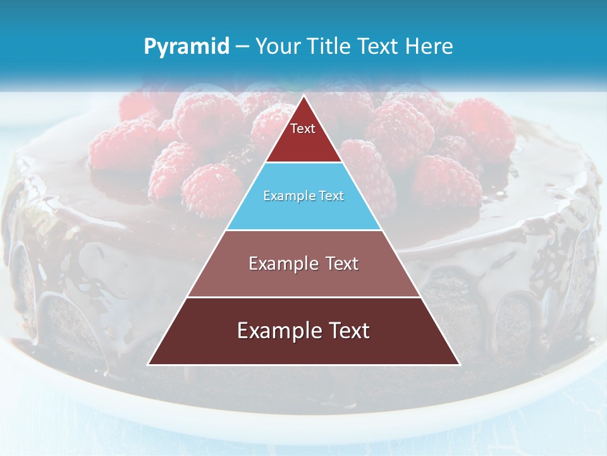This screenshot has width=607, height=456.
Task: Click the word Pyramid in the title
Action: tap(186, 47)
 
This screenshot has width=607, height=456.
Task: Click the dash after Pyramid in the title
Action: tap(242, 47)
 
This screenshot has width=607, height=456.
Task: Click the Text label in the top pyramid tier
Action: tap(303, 129)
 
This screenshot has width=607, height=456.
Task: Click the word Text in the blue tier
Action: tap(331, 196)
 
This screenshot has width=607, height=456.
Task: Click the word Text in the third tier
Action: tap(341, 263)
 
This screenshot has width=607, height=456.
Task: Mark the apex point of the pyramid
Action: tap(303, 96)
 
